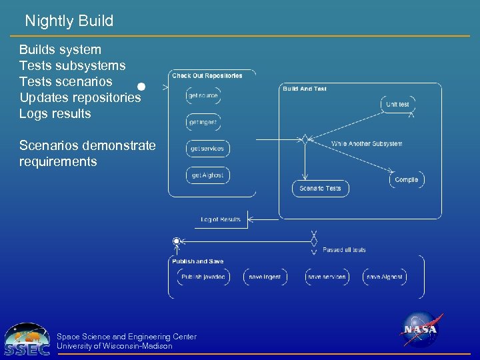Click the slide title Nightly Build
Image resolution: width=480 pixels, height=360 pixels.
(x=69, y=21)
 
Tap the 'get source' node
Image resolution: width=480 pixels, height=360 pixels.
(x=203, y=96)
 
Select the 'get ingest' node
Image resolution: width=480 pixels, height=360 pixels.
(x=203, y=123)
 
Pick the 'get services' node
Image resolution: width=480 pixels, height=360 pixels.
(x=207, y=149)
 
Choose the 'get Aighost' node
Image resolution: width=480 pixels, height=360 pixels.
(x=207, y=175)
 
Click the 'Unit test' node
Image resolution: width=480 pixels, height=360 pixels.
(x=398, y=105)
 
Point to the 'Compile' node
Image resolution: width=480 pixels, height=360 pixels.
(x=406, y=180)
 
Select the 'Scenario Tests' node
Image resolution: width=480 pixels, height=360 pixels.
(x=320, y=189)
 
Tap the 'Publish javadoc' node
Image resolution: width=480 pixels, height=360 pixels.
(x=203, y=277)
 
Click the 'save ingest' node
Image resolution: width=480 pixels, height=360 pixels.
(x=265, y=277)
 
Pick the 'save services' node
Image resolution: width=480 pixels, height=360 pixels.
(x=327, y=277)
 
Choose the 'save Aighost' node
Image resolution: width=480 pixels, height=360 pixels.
(x=385, y=277)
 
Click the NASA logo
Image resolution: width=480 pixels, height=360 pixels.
(x=420, y=330)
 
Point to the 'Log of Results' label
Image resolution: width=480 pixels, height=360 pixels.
(x=221, y=219)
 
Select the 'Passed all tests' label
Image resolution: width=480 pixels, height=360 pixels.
(x=344, y=250)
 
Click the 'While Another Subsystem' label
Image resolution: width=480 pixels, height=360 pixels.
(x=367, y=144)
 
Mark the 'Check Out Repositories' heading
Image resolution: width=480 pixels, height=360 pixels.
(x=207, y=76)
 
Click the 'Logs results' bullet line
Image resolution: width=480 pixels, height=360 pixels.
(x=55, y=113)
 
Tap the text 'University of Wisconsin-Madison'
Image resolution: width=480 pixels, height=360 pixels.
(x=115, y=346)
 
